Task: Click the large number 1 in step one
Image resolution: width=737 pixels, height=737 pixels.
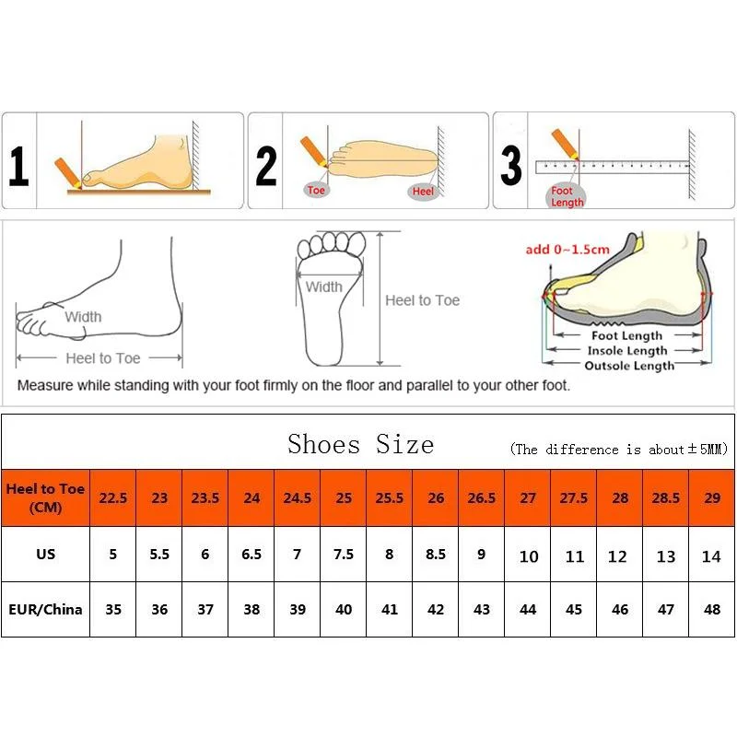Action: pyautogui.click(x=18, y=166)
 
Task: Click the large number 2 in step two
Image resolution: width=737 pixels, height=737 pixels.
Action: pyautogui.click(x=266, y=166)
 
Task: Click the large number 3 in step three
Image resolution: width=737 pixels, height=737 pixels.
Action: pyautogui.click(x=511, y=166)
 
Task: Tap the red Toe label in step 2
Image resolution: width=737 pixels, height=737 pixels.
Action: pyautogui.click(x=317, y=191)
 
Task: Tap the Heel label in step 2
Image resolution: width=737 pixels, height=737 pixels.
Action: pyautogui.click(x=423, y=192)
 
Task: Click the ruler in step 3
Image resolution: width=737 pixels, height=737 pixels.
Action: pyautogui.click(x=613, y=167)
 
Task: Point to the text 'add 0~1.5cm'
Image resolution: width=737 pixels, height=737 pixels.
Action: pyautogui.click(x=567, y=250)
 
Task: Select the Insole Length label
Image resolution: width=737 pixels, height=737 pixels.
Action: pyautogui.click(x=626, y=351)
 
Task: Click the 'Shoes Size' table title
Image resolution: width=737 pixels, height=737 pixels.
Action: pyautogui.click(x=360, y=444)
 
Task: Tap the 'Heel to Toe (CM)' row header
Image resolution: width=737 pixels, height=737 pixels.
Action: pyautogui.click(x=45, y=497)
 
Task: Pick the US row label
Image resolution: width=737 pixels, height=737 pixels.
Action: pyautogui.click(x=45, y=555)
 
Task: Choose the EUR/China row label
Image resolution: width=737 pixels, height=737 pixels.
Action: pyautogui.click(x=45, y=609)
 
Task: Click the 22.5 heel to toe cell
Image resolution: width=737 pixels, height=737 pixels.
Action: pyautogui.click(x=112, y=497)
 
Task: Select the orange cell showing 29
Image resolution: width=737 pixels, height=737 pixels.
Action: pyautogui.click(x=711, y=497)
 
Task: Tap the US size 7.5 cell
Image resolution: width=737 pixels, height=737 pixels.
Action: pyautogui.click(x=344, y=555)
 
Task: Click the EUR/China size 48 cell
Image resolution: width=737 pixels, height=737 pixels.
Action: pyautogui.click(x=711, y=610)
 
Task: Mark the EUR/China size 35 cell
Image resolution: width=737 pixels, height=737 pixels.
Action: pyautogui.click(x=112, y=610)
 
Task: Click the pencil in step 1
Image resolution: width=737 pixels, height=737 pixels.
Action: pyautogui.click(x=66, y=172)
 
